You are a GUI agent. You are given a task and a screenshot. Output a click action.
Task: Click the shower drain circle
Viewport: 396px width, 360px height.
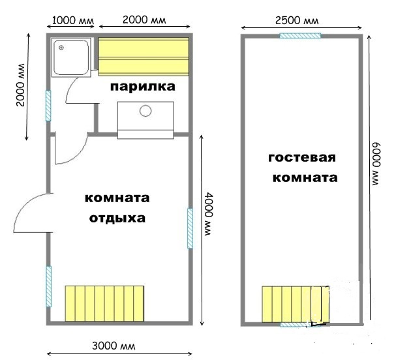pos(61,48)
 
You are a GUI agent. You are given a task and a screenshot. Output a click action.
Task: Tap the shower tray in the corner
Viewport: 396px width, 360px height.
pos(71,57)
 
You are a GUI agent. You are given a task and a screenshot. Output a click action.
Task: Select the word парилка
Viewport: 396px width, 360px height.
pos(143,87)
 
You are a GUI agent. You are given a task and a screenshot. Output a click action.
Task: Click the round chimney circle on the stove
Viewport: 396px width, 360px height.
pos(145,111)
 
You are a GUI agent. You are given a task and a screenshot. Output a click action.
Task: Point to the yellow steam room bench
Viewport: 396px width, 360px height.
pos(144,57)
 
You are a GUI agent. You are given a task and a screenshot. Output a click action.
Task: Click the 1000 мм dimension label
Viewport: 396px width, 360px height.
pos(73,20)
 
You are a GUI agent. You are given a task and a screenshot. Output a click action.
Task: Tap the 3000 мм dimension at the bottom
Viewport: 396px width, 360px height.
pos(114,346)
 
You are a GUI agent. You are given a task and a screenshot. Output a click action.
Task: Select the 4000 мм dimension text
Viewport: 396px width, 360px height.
pos(209,215)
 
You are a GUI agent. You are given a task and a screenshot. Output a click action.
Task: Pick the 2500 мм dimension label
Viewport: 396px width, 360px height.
pos(297,20)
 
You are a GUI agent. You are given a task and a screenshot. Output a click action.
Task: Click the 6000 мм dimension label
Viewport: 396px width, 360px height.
pos(376,164)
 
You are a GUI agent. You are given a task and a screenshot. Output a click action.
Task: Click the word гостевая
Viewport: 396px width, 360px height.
pos(302,158)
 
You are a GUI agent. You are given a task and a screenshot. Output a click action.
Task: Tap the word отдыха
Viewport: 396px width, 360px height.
pos(117,218)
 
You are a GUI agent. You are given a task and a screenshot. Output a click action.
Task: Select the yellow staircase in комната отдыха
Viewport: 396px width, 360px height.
pos(104,303)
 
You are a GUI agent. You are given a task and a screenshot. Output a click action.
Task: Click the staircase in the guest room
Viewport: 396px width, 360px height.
pos(296,304)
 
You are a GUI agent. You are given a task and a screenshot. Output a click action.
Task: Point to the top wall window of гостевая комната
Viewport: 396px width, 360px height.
pos(300,36)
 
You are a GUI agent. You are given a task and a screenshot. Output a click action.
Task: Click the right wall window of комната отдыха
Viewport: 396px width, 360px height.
pos(190,228)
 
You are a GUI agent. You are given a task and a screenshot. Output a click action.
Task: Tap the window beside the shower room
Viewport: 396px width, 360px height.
pos(48,106)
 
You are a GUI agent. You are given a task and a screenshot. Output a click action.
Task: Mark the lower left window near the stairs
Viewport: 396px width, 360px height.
pos(48,286)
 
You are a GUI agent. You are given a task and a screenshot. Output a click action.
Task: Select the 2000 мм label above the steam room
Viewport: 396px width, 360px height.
pos(144,20)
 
